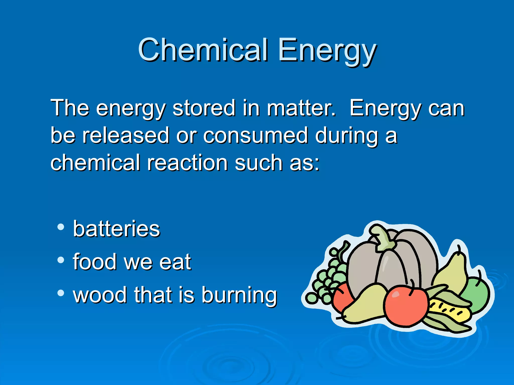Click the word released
126,135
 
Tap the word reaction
187,163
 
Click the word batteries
116,229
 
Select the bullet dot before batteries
60,227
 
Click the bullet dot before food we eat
60,260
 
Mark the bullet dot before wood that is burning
60,293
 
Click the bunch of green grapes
329,278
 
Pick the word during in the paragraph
346,135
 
